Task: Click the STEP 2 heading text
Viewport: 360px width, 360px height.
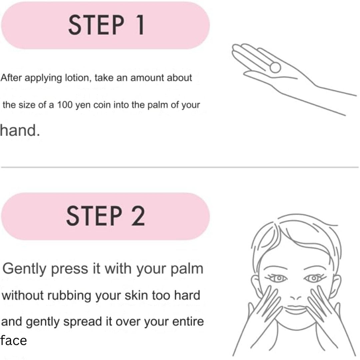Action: [106, 216]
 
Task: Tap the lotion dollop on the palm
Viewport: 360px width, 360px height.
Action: [275, 67]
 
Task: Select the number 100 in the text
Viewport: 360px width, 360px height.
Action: [65, 105]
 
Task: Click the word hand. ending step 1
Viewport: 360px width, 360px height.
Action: [20, 130]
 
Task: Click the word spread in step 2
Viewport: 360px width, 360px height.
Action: [83, 322]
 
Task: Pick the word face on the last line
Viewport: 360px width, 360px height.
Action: [13, 340]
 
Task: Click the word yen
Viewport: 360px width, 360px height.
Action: [83, 105]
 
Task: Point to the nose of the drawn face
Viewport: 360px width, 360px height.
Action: [295, 298]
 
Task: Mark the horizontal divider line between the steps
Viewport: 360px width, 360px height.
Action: [180, 167]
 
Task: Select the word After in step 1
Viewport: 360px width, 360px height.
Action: [11, 78]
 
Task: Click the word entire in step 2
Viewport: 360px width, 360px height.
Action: [188, 321]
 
